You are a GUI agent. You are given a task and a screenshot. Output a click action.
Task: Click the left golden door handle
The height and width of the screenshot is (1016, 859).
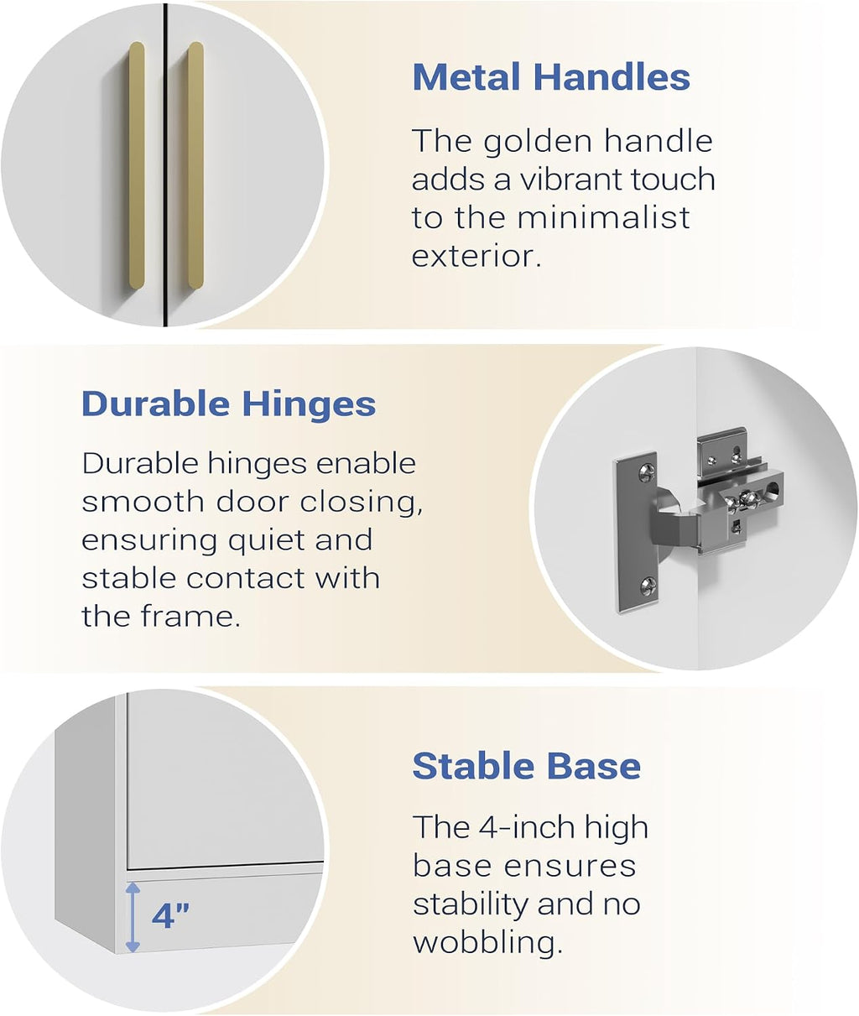137,165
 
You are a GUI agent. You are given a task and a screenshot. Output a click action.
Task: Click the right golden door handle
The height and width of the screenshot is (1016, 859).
195,165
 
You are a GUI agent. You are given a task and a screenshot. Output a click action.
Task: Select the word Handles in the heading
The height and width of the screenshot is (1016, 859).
612,76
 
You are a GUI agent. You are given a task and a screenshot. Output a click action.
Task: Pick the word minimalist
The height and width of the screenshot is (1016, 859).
603,217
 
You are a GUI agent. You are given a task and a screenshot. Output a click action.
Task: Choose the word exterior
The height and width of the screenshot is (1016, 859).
476,256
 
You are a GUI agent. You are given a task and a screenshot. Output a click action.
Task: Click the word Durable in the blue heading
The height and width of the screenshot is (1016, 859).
155,404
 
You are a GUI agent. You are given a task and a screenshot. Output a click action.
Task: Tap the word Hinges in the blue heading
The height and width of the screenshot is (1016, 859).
309,405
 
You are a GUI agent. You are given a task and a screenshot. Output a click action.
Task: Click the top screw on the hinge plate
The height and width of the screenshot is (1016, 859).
647,473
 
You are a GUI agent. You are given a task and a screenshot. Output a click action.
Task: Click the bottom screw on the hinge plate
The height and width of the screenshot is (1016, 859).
648,585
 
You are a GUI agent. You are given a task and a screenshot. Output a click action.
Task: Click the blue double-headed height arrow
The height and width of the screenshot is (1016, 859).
133,917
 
